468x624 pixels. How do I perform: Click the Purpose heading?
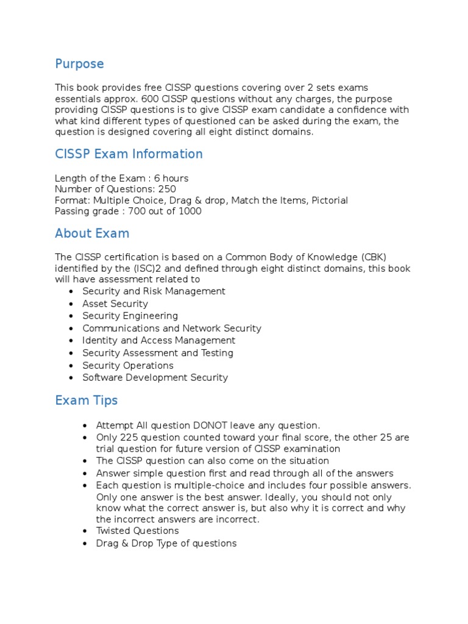(79, 64)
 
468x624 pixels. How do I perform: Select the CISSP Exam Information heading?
(129, 154)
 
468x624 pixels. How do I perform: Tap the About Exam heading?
(92, 233)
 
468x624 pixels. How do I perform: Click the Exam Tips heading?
(86, 401)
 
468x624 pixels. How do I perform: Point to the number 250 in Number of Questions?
(166, 189)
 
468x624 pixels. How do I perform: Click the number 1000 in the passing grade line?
(190, 211)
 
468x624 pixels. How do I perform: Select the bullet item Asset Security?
(115, 303)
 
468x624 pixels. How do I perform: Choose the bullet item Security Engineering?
(130, 316)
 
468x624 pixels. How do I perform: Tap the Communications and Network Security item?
(171, 328)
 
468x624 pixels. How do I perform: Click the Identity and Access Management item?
(158, 341)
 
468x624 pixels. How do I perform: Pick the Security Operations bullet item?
(128, 366)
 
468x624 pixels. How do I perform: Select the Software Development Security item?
(155, 378)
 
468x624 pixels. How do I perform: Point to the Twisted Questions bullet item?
(138, 531)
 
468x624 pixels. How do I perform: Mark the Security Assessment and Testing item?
(157, 353)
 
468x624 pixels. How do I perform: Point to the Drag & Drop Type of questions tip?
(166, 543)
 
